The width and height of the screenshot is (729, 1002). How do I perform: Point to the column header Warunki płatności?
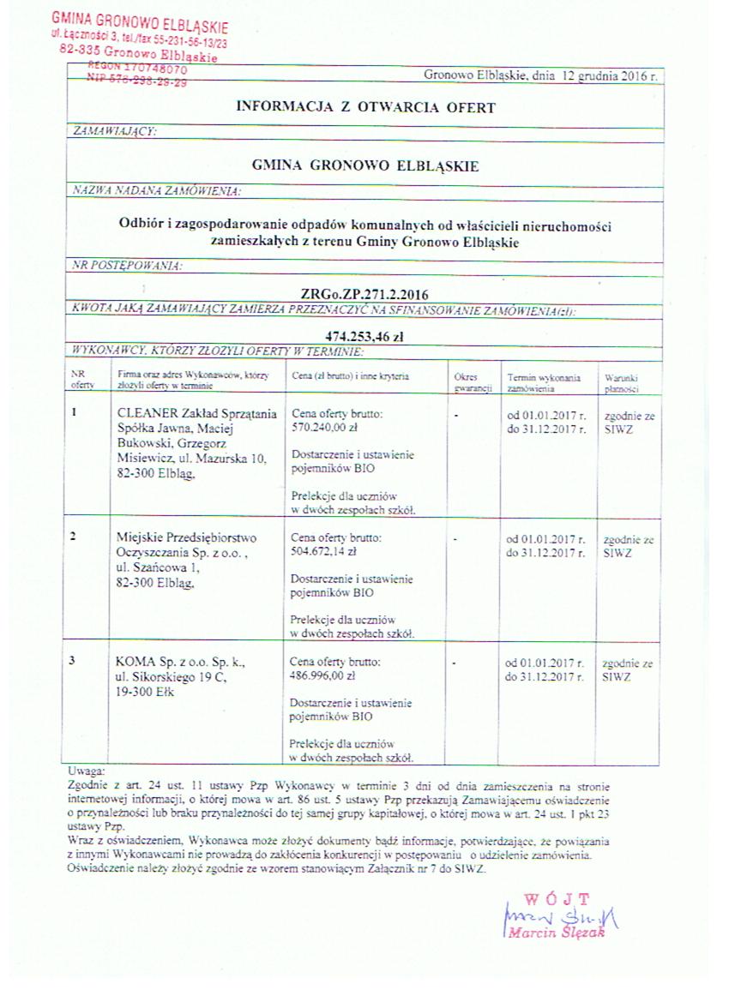pos(621,382)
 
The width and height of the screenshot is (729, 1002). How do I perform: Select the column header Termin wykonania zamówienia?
pos(544,382)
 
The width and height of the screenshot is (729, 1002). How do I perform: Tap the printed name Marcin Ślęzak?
pos(557,932)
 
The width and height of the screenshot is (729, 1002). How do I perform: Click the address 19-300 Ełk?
pos(144,692)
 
